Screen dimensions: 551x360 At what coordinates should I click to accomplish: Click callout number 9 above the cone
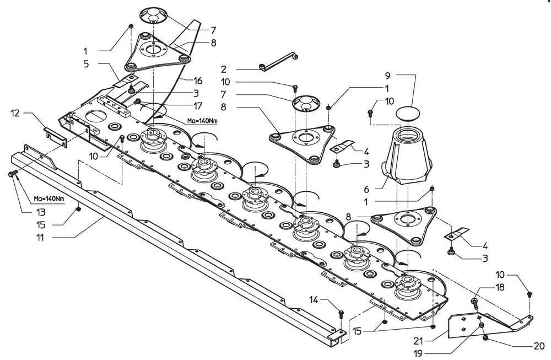387,76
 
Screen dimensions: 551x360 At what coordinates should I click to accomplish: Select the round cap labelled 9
408,114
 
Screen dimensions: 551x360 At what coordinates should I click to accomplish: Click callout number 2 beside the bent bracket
224,69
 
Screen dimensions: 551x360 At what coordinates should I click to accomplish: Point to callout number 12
15,113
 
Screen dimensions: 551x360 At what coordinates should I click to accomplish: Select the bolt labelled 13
12,173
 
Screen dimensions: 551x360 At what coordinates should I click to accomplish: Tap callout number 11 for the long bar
41,238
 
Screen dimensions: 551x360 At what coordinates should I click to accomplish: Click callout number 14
314,299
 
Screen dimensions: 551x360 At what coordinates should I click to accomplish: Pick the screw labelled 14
341,314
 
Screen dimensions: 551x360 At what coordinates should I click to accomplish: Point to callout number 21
418,341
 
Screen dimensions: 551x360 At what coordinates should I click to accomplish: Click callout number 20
539,346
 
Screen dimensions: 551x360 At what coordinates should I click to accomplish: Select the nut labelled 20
485,338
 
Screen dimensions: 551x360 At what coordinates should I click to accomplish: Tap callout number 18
499,287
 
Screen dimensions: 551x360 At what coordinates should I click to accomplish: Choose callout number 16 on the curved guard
198,80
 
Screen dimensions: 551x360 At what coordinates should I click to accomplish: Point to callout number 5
86,64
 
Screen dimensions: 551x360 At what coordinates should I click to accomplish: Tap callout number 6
366,190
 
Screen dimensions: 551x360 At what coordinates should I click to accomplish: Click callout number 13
41,212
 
